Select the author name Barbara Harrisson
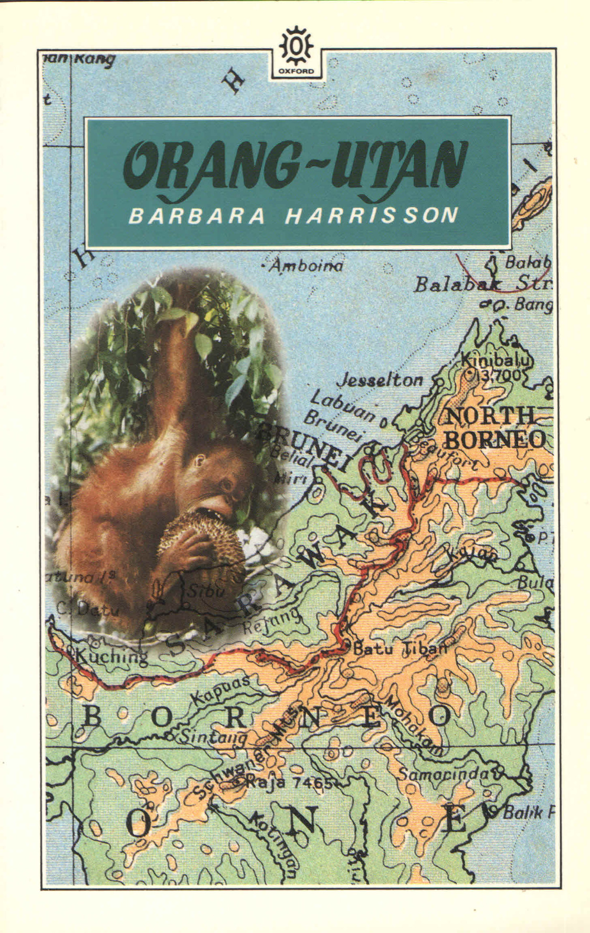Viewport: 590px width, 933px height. (x=293, y=216)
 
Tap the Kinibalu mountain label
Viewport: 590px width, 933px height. (x=497, y=361)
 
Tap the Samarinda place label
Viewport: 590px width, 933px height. (x=446, y=773)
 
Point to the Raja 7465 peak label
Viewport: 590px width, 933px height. (x=288, y=783)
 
